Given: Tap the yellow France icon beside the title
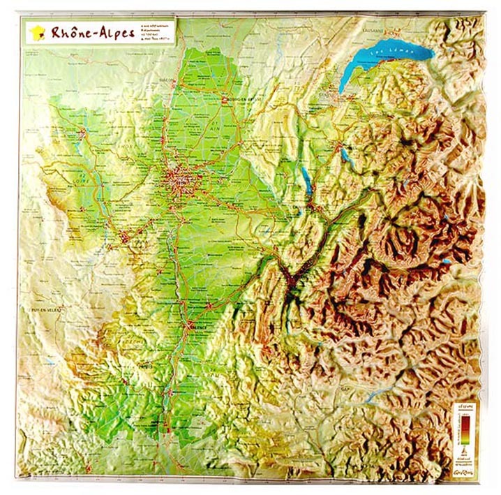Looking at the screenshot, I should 38,33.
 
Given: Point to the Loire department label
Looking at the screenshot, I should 76,181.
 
